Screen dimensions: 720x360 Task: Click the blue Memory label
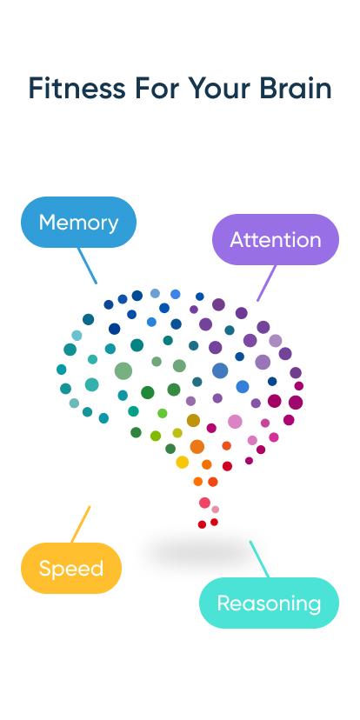78,223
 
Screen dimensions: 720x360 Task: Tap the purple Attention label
276,239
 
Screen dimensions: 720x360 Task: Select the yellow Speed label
71,569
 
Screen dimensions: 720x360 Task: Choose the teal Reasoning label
269,603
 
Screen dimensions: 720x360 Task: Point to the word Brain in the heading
293,89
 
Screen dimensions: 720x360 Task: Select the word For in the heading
157,89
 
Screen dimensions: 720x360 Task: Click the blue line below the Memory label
87,265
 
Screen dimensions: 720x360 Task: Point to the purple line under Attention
266,283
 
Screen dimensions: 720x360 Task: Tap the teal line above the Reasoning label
259,558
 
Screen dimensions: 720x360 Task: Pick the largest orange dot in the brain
197,447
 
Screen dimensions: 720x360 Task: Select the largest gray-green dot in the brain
123,371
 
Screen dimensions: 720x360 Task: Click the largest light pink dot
235,422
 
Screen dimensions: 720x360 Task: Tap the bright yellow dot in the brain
182,462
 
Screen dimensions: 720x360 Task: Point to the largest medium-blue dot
220,370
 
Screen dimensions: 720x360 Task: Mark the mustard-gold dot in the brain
193,421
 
